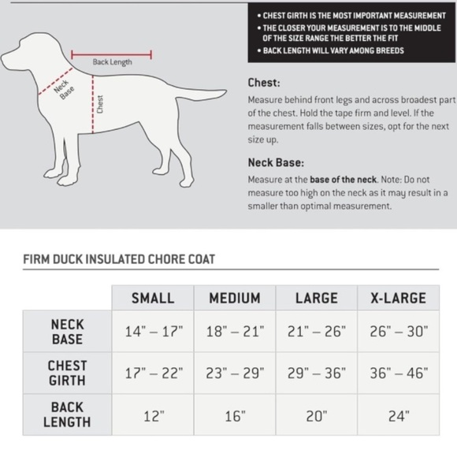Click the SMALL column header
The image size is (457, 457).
pyautogui.click(x=153, y=298)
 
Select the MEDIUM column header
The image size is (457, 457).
pyautogui.click(x=234, y=298)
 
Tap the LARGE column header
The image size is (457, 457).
pyautogui.click(x=316, y=298)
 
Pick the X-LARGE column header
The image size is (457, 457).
pyautogui.click(x=392, y=298)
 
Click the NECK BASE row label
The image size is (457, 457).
pyautogui.click(x=67, y=331)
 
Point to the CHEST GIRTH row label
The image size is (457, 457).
pyautogui.click(x=67, y=373)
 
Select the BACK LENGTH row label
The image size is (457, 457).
pyautogui.click(x=67, y=414)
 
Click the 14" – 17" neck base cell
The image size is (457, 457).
pyautogui.click(x=154, y=332)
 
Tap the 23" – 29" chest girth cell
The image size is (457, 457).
pyautogui.click(x=234, y=373)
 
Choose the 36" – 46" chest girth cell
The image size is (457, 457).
pyautogui.click(x=393, y=373)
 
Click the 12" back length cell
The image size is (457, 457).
pyautogui.click(x=154, y=414)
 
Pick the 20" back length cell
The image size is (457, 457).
pyautogui.click(x=316, y=414)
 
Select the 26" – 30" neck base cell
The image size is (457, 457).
pyautogui.click(x=393, y=332)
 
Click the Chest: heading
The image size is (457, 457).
pyautogui.click(x=264, y=82)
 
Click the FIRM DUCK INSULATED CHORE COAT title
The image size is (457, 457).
pyautogui.click(x=120, y=258)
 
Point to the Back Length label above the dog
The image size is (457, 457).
pyautogui.click(x=112, y=62)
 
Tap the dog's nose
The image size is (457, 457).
pyautogui.click(x=6, y=61)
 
